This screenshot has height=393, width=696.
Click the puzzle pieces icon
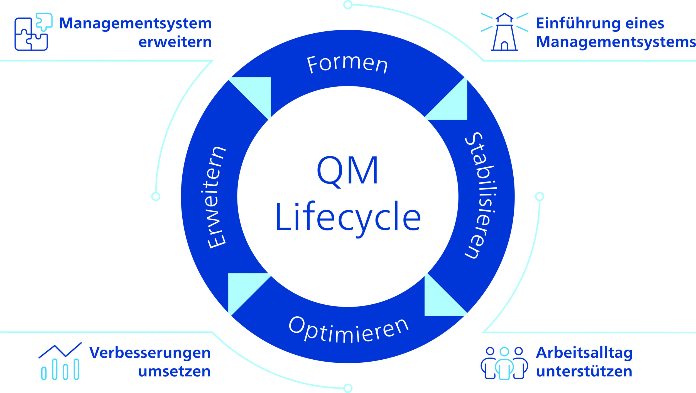[33, 32]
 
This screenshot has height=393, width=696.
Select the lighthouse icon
[504, 32]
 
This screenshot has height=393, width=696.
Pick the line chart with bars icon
[60, 361]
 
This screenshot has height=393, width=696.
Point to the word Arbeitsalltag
[584, 353]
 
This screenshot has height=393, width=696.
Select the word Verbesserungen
[150, 353]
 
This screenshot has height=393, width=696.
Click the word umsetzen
[174, 371]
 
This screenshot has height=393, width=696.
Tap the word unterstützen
[584, 371]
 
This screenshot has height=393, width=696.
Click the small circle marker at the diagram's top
[348, 4]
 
